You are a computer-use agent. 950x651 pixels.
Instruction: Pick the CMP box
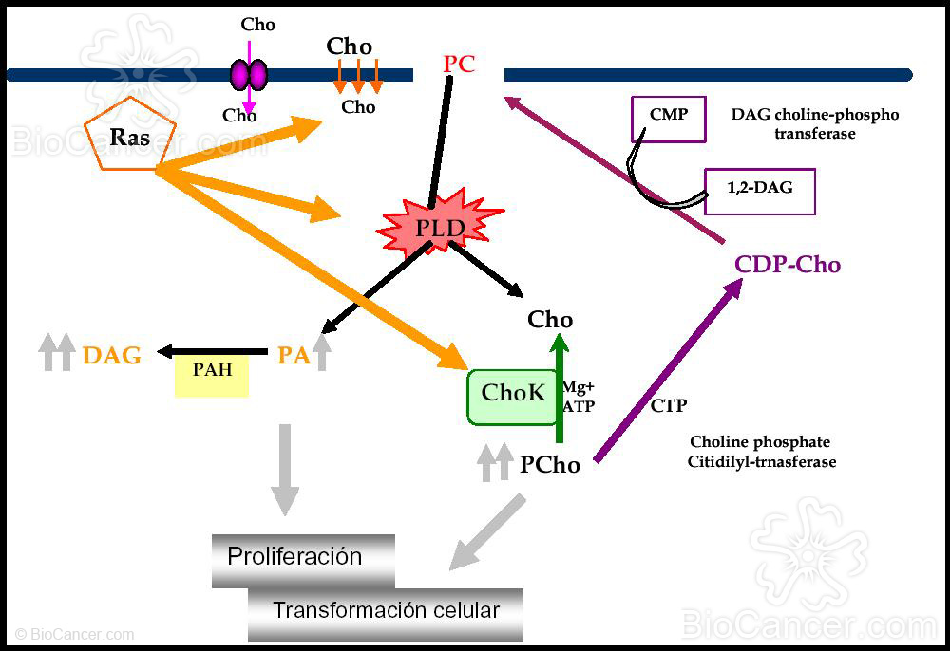pos(669,119)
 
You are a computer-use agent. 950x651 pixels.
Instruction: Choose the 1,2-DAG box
pos(759,189)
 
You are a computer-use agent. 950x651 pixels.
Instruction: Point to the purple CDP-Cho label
pos(788,265)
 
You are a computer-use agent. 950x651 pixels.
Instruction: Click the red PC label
pos(459,65)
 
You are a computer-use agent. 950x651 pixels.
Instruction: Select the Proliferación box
pos(301,558)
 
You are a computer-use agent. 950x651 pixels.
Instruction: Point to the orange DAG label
pos(112,356)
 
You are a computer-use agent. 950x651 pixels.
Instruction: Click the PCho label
pos(550,465)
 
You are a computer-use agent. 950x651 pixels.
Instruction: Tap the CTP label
pos(669,406)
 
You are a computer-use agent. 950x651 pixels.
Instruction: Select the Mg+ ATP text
pos(579,397)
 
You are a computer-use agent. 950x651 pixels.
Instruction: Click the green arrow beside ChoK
pos(560,389)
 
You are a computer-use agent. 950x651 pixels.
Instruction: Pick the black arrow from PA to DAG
pos(213,352)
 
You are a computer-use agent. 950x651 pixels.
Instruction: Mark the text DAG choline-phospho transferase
pos(814,124)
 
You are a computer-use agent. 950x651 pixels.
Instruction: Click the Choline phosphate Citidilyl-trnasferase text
pos(760,452)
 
